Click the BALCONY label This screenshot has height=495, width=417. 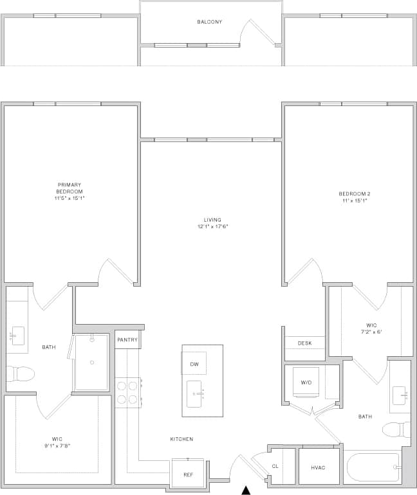[210, 22]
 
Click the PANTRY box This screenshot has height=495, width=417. [127, 339]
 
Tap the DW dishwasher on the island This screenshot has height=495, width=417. [194, 364]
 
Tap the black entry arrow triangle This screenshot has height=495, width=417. [246, 491]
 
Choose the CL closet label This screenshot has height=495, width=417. [275, 467]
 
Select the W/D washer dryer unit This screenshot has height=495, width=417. [306, 383]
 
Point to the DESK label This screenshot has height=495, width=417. [304, 343]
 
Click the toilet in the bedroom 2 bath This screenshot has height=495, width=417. [395, 429]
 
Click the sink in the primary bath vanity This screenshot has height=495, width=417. [17, 336]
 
